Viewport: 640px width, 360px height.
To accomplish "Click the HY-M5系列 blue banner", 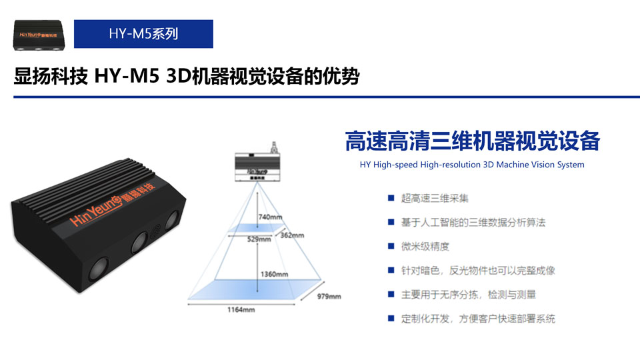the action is point(143,34).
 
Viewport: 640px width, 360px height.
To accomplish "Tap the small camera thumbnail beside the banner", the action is point(39,35).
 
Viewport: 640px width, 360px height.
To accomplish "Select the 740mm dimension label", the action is point(270,217).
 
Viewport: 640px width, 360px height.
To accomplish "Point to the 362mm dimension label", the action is point(292,235).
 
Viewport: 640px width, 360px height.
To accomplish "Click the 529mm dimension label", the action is point(259,239).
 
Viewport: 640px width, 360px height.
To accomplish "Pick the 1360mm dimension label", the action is point(274,274).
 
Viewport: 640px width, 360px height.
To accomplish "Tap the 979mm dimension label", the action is point(329,296).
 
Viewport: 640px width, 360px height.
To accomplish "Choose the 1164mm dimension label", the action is point(241,310).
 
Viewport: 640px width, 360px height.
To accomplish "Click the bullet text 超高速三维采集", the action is point(435,199).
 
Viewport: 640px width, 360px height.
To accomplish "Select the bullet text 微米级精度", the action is point(425,247).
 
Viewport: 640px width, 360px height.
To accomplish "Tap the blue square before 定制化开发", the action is point(391,319).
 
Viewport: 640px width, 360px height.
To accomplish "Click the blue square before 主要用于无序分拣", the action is point(391,294).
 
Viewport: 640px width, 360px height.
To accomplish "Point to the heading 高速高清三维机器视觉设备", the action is point(472,141).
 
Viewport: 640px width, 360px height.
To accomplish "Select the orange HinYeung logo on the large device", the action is point(112,204).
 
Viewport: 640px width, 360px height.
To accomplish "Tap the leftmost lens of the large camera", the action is point(99,269).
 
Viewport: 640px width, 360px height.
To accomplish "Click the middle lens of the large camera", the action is point(139,243).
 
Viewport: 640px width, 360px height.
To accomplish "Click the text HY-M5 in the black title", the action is point(127,76).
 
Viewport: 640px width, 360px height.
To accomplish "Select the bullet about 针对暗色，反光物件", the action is point(478,271).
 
